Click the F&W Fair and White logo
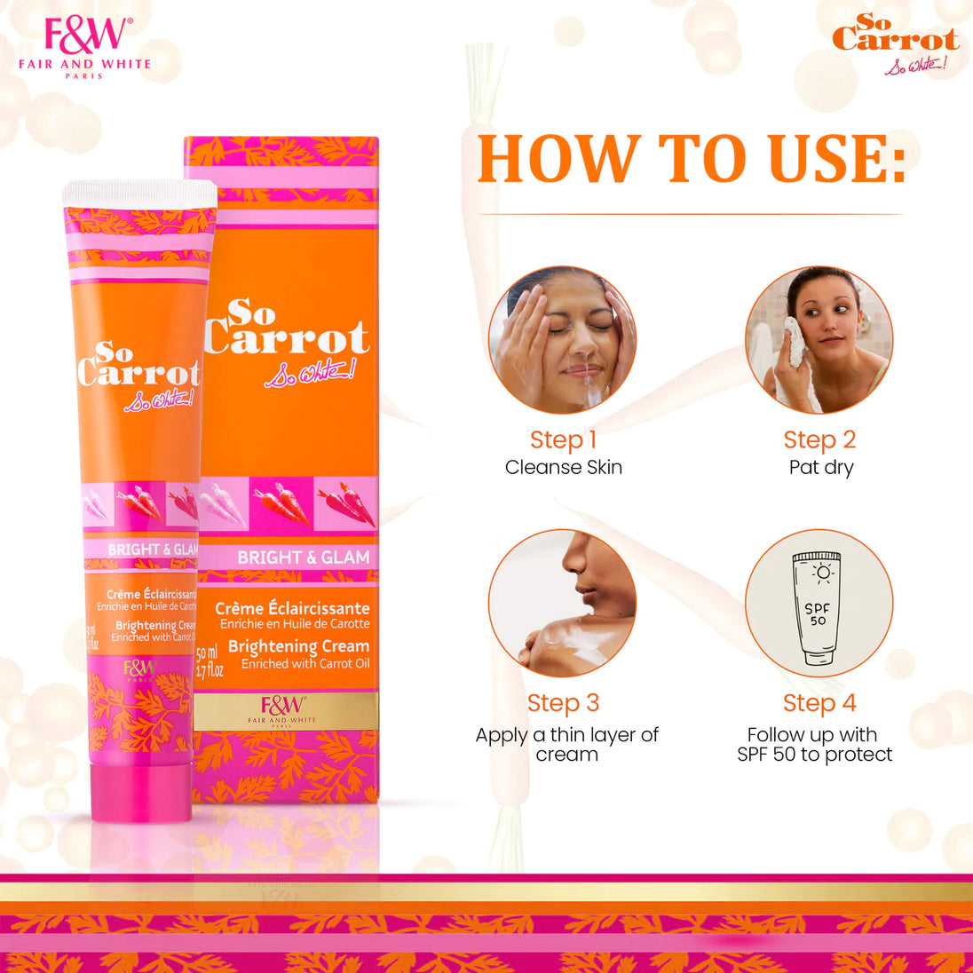click(85, 46)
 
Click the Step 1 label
click(563, 439)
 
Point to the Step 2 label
click(819, 439)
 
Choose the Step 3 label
click(563, 703)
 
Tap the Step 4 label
click(819, 703)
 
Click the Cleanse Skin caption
click(563, 467)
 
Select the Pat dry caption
click(820, 467)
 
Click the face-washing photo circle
click(562, 340)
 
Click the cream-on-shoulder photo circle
click(562, 604)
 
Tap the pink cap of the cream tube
click(141, 792)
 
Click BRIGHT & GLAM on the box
click(303, 558)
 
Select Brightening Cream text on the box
click(298, 646)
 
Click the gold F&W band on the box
click(287, 710)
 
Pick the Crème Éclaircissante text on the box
click(292, 608)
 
